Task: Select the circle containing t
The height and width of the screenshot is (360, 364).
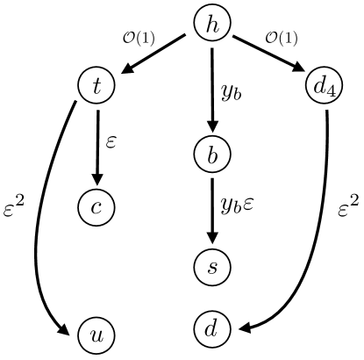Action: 97,86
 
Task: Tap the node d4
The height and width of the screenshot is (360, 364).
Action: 325,86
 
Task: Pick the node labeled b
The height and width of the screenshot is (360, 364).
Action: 211,153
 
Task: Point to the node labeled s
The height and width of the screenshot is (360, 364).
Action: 211,266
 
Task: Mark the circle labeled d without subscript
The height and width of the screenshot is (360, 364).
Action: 211,329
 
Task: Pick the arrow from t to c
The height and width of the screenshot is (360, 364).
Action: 97,145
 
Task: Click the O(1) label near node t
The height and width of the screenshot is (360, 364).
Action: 138,38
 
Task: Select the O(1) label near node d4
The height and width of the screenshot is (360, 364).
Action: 282,38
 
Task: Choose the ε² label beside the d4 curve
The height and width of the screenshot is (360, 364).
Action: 348,208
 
